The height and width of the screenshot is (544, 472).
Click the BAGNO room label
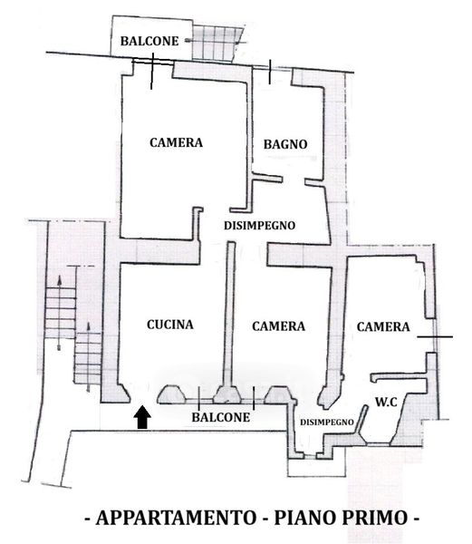pos(285,144)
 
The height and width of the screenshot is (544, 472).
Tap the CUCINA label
pos(170,325)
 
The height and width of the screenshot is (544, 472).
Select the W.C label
pos(386,402)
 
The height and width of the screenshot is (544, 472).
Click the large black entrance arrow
pos(143,417)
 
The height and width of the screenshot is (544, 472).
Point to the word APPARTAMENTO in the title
pos(176,518)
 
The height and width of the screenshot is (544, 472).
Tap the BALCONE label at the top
pos(149,41)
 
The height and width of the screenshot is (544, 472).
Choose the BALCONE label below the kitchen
pos(221,417)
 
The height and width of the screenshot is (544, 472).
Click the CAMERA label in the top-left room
pos(176,142)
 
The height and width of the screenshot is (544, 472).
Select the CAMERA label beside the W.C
pos(383,326)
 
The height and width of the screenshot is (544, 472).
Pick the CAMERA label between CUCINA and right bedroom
pos(279,325)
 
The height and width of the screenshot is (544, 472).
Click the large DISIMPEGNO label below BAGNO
pos(259,226)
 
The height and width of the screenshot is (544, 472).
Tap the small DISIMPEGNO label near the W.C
pos(327,422)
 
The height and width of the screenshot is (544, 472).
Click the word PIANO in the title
pos(304,518)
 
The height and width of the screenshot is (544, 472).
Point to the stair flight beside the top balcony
pos(217,43)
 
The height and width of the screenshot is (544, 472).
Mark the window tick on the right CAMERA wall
pos(435,336)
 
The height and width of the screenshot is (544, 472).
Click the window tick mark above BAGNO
pos(270,72)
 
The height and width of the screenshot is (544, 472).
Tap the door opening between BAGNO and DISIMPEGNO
pos(294,180)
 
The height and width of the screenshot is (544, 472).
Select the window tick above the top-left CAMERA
pos(151,71)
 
